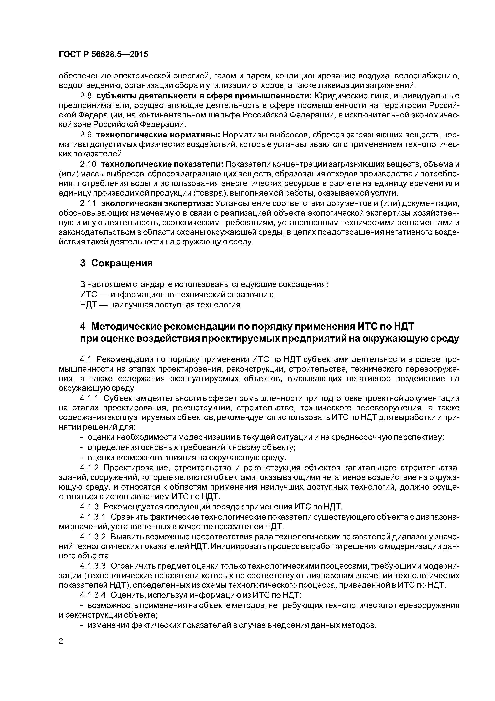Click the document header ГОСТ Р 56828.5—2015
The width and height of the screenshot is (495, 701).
(x=103, y=54)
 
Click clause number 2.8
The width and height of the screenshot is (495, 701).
(x=85, y=96)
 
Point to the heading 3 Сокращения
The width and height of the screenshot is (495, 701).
(x=116, y=263)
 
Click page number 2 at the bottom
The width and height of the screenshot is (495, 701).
(x=61, y=641)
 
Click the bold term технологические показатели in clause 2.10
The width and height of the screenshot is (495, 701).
(x=162, y=164)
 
